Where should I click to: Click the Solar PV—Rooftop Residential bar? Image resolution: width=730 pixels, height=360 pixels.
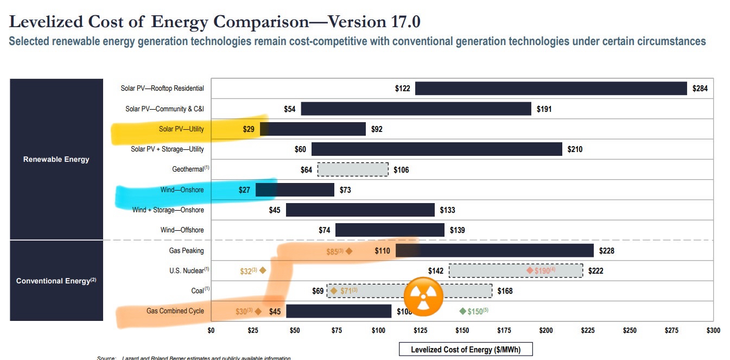click(x=551, y=89)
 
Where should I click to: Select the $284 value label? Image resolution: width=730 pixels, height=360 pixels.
click(x=700, y=89)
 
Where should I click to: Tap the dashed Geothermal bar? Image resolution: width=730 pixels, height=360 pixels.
click(x=353, y=169)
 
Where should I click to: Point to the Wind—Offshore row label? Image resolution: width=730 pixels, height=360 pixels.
click(x=182, y=230)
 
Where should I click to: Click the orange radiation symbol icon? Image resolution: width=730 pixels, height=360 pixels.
click(x=423, y=296)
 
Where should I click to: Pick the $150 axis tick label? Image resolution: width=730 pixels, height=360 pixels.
click(x=462, y=330)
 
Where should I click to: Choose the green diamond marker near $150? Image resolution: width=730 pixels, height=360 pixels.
click(x=462, y=311)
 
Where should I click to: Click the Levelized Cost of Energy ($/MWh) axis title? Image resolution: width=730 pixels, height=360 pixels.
click(x=465, y=349)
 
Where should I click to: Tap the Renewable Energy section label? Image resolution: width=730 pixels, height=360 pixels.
click(x=56, y=160)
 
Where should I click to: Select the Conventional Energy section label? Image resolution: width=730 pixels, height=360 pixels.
click(x=56, y=281)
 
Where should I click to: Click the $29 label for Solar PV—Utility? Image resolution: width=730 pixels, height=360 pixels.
click(x=248, y=129)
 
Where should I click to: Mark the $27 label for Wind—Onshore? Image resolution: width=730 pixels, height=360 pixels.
click(x=244, y=190)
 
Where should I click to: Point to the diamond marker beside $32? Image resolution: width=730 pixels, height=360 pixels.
click(x=263, y=270)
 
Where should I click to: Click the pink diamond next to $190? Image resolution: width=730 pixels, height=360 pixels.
click(x=530, y=270)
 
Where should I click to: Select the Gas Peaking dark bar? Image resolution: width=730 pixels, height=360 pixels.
click(x=494, y=251)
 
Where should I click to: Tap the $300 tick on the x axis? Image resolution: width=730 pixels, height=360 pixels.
click(x=713, y=330)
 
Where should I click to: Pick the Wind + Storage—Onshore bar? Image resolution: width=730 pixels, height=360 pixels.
click(x=360, y=210)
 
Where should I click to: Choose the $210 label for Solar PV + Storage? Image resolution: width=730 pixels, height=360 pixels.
click(x=575, y=149)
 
